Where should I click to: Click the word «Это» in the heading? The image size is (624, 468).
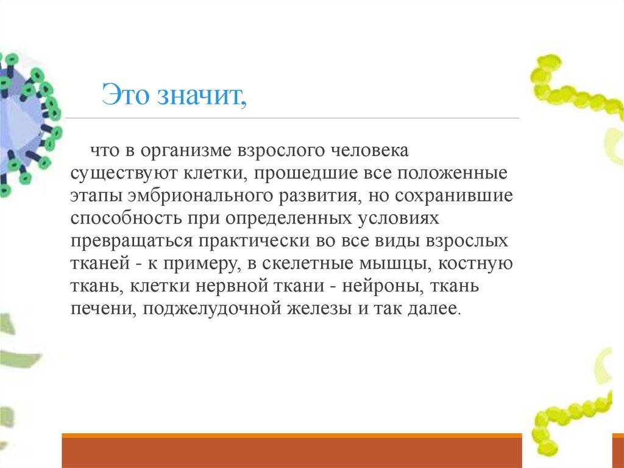[126, 96]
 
